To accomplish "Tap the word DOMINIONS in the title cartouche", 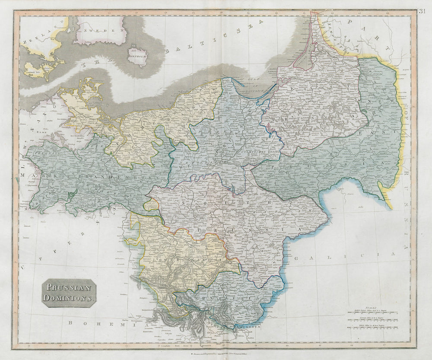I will [69, 298].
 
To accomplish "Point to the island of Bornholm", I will [137, 57].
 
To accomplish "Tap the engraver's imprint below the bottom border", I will [216, 354].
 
